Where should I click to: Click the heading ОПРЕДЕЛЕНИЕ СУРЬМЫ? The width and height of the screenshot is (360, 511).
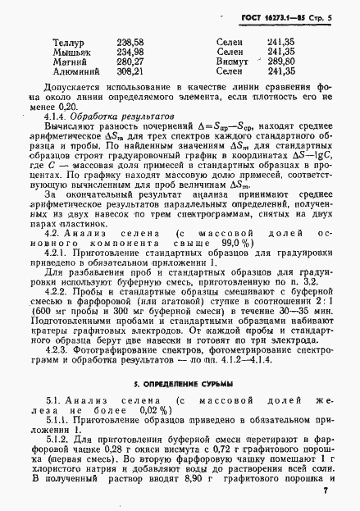tap(180, 383)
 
